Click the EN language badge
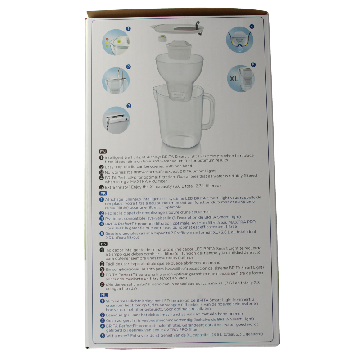[102, 152]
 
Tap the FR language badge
[102, 192]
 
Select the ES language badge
[102, 243]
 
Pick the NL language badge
[103, 294]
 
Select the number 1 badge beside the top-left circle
[129, 28]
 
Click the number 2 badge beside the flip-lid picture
[129, 67]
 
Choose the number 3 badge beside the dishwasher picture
[129, 106]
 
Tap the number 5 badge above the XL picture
[253, 65]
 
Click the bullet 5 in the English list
[102, 187]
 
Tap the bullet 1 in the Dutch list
[102, 300]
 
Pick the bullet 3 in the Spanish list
[102, 268]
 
